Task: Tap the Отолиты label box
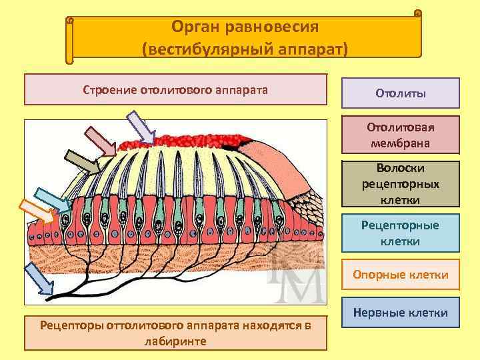[x=401, y=93]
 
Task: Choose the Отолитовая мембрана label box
[x=401, y=135]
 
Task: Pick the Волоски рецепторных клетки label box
[x=401, y=183]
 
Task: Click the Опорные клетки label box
[x=401, y=274]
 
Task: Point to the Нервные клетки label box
[x=401, y=312]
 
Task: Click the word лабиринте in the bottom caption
[x=175, y=341]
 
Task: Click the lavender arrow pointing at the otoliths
[x=141, y=127]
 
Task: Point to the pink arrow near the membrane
[x=100, y=141]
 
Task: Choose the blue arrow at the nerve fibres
[x=38, y=279]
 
